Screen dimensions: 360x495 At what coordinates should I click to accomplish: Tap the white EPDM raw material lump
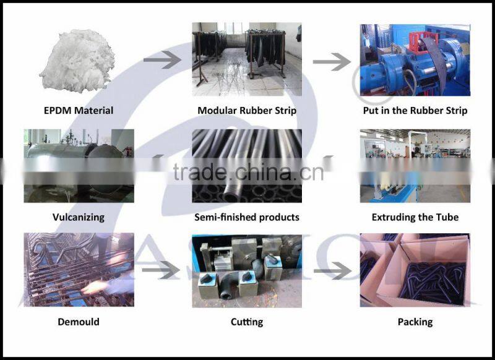click(77, 60)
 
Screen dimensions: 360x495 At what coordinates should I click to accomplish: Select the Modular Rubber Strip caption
click(247, 111)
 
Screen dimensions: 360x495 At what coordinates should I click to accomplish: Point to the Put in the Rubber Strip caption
click(415, 111)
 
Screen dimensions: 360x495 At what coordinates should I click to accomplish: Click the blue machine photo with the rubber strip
click(415, 59)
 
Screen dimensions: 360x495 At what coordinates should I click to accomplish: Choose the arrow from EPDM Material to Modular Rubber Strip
click(161, 60)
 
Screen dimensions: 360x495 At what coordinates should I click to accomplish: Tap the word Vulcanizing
click(78, 217)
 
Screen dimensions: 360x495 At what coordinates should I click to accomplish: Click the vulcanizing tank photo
click(79, 166)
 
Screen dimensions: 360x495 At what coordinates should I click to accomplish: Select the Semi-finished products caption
click(247, 217)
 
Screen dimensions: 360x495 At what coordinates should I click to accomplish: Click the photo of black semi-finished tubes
click(247, 166)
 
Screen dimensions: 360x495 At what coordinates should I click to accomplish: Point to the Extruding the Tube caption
click(415, 217)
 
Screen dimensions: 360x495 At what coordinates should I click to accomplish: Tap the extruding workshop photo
click(415, 166)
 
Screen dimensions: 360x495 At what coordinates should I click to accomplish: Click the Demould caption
click(78, 322)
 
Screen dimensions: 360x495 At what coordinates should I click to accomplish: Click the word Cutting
click(247, 322)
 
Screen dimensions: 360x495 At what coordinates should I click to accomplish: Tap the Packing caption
click(415, 322)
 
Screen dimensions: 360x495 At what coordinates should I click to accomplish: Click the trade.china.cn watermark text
click(248, 171)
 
